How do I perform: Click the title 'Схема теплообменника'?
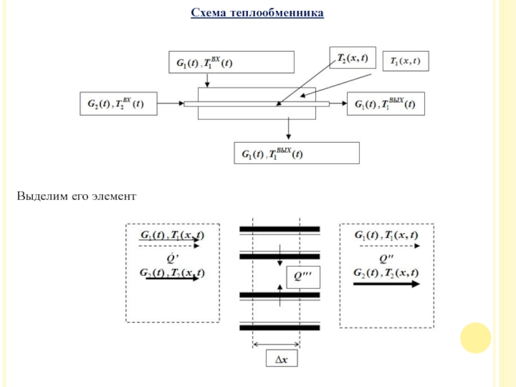[x=257, y=13]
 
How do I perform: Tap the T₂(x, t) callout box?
[x=352, y=57]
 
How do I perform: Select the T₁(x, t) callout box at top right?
[x=406, y=61]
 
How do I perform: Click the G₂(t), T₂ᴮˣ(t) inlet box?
[x=118, y=103]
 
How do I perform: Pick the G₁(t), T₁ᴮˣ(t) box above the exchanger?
[x=231, y=63]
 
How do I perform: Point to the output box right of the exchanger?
[x=386, y=103]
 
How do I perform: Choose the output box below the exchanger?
[x=296, y=154]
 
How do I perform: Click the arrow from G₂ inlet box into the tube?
[x=170, y=103]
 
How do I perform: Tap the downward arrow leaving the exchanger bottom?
[x=288, y=129]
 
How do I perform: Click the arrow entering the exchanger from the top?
[x=206, y=81]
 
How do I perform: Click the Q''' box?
[x=303, y=277]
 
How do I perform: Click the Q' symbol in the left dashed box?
[x=172, y=259]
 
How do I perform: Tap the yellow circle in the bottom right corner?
[x=476, y=337]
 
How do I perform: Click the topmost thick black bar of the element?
[x=279, y=229]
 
